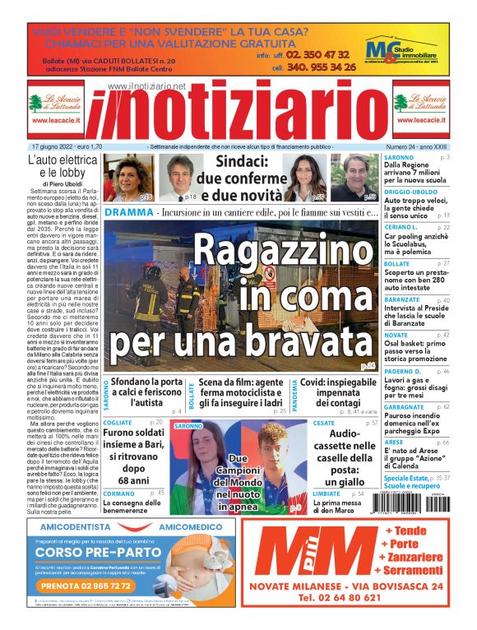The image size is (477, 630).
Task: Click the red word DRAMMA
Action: [x=129, y=212]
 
